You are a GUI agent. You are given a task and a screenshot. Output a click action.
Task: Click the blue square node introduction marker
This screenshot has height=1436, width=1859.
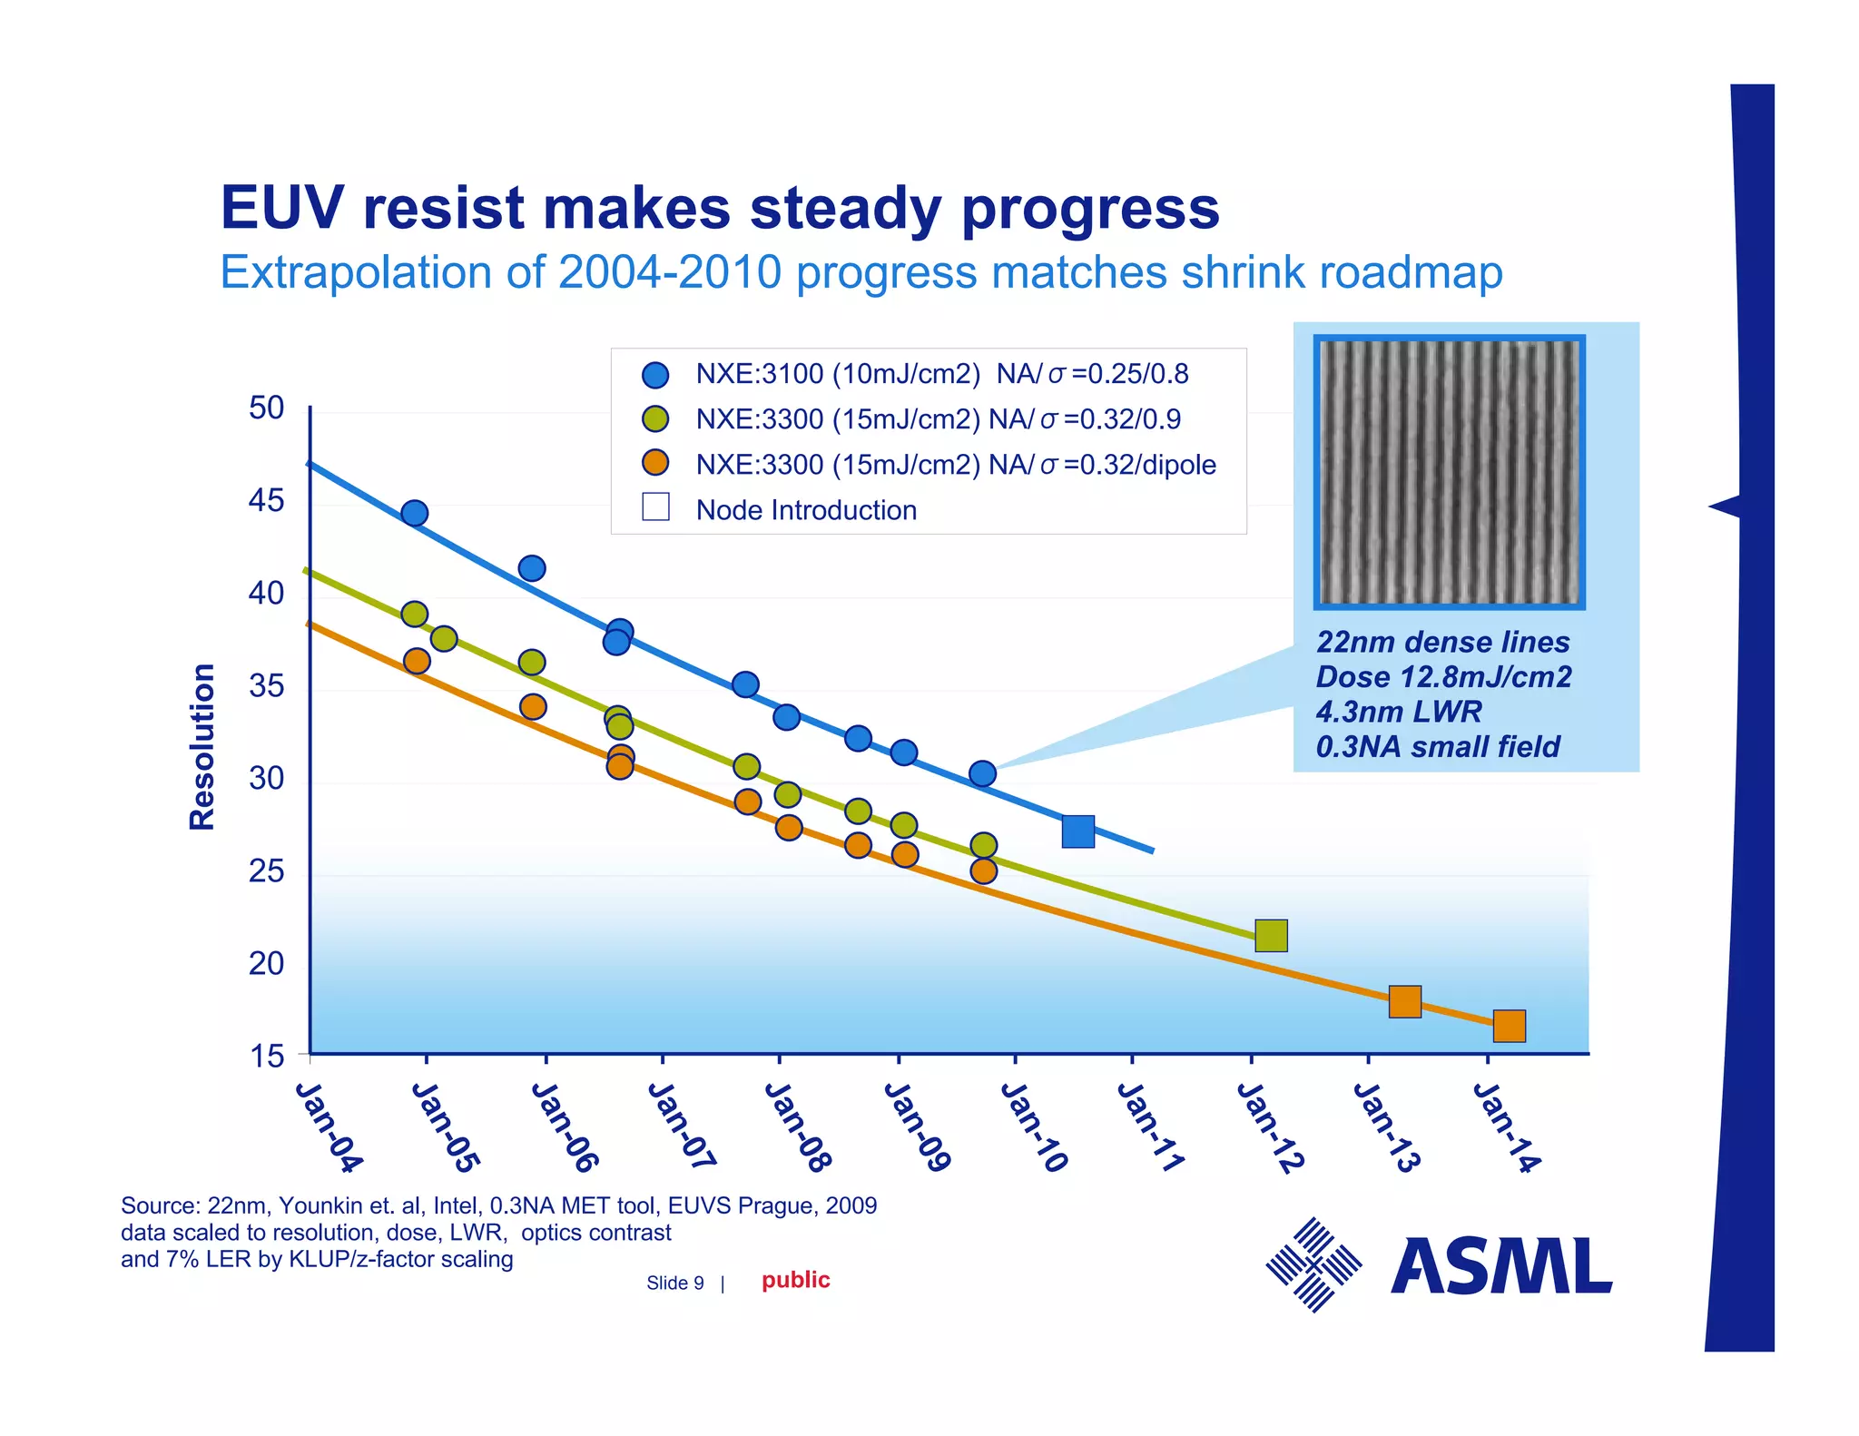(x=1077, y=831)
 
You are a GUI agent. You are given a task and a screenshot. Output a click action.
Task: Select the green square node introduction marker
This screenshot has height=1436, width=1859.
(x=1271, y=935)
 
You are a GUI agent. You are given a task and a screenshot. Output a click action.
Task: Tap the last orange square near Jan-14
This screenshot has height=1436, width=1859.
(x=1509, y=1026)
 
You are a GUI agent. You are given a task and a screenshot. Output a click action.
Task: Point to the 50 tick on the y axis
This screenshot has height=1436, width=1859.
(x=267, y=408)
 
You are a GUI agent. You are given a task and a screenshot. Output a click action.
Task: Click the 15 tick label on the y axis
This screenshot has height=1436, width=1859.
(x=267, y=1057)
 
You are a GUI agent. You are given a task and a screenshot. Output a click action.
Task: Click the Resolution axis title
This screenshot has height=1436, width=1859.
(x=202, y=746)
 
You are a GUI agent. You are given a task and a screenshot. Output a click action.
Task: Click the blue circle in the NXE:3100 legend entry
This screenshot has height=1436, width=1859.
(x=655, y=375)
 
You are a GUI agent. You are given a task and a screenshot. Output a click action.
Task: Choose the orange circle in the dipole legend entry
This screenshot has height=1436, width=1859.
(x=655, y=463)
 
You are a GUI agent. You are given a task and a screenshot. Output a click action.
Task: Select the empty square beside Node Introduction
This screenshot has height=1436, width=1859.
(x=655, y=507)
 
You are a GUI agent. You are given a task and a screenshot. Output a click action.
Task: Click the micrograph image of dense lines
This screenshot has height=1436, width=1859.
(x=1449, y=472)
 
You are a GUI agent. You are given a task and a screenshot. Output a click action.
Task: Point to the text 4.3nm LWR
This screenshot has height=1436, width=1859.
(x=1399, y=712)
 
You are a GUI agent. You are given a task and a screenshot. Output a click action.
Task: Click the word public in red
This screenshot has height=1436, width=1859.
(x=796, y=1280)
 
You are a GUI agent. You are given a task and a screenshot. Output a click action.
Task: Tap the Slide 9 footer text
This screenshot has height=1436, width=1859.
(x=674, y=1283)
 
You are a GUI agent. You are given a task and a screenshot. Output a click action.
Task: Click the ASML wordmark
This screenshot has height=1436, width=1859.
(x=1501, y=1266)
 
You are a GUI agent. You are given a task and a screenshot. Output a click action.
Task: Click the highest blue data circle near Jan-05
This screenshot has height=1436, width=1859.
(x=414, y=514)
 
